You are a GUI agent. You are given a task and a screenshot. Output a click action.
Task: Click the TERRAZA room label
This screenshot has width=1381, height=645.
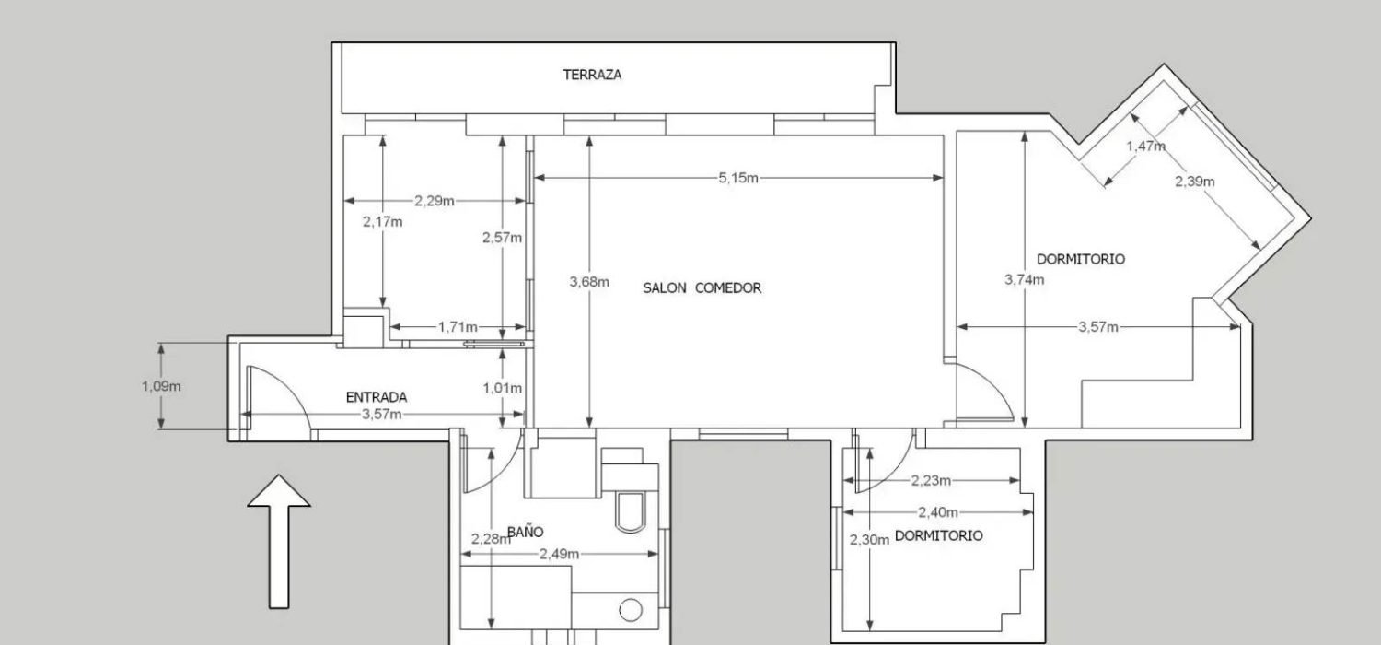[x=592, y=75]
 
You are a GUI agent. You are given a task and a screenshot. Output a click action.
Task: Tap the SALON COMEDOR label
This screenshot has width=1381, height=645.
[x=702, y=287]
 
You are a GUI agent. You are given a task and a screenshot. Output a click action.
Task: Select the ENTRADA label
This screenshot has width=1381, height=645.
[x=376, y=397]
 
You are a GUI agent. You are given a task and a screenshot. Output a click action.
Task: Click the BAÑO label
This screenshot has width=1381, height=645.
[x=525, y=532]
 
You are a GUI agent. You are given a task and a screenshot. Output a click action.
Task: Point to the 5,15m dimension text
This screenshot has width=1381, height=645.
[x=738, y=178]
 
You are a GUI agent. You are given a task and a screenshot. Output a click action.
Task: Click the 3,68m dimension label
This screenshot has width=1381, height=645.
[x=589, y=282]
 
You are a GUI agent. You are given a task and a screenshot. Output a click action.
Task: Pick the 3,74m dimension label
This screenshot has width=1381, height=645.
[x=1024, y=279]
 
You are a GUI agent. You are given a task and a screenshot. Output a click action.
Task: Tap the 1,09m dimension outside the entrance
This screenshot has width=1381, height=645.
[x=161, y=386]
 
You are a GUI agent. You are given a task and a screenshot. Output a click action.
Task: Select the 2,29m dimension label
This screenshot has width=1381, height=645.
[x=434, y=200]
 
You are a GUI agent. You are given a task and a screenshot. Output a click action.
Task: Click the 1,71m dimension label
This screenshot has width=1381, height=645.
[x=458, y=326]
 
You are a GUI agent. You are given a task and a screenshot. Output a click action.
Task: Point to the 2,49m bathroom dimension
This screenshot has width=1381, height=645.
[x=559, y=554]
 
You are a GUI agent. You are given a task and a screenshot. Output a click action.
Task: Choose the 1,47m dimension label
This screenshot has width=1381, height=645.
[x=1145, y=146]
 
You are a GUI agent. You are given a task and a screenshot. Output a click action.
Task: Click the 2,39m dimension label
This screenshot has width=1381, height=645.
[x=1194, y=182]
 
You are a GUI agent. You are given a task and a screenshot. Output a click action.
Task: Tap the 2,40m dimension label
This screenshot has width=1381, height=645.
[x=937, y=512]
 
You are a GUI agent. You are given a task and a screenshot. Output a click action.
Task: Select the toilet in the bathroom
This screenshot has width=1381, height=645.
[x=632, y=510]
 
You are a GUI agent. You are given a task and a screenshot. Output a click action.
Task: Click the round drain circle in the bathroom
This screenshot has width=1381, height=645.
[x=631, y=609]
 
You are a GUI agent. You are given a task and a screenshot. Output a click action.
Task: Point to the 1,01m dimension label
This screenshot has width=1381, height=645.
[x=502, y=388]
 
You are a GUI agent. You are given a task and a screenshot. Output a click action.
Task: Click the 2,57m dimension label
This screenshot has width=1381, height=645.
[x=502, y=237]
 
